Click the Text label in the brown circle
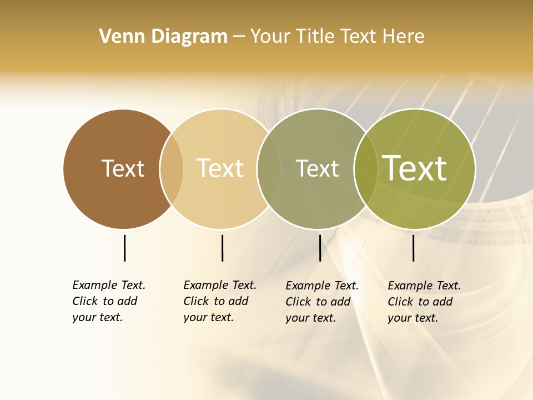123,168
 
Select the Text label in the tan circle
220,168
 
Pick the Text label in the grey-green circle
317,168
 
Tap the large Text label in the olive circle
415,168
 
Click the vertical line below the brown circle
124,248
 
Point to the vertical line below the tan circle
222,248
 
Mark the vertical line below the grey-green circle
320,248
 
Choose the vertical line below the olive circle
413,248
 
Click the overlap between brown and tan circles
172,168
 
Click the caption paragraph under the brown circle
109,301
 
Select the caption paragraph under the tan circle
220,301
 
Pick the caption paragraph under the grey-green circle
322,302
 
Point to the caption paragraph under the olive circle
424,302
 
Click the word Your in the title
271,36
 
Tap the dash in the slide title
239,37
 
